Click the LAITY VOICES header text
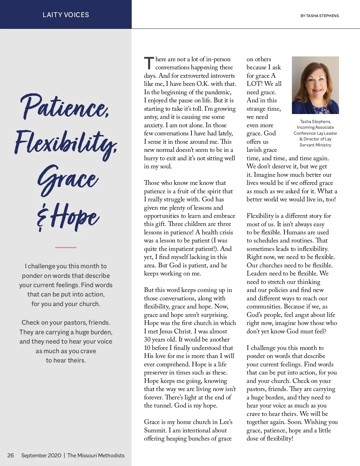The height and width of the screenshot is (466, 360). (x=66, y=15)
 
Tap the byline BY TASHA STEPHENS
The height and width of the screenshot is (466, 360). (x=319, y=16)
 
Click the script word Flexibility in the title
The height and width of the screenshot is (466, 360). (x=66, y=143)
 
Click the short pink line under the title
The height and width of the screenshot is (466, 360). (x=66, y=248)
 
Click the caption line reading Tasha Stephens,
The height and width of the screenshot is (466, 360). (x=315, y=122)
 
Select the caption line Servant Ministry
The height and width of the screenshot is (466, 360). (x=315, y=145)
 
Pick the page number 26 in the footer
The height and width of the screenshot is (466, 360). (x=10, y=455)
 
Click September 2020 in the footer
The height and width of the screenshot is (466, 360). (x=41, y=455)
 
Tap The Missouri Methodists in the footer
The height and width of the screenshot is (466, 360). (x=96, y=455)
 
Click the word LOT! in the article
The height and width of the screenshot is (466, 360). (x=254, y=84)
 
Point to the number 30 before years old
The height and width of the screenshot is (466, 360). (x=147, y=339)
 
